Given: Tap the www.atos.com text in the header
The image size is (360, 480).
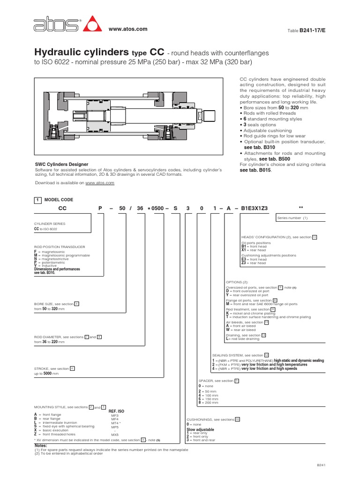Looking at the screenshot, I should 128,29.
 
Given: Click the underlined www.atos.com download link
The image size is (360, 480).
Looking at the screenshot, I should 100,183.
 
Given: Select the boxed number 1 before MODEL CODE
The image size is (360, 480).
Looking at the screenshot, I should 38,200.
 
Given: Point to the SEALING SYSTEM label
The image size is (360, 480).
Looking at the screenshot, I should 231,355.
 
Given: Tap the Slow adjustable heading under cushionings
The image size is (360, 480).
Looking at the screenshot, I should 200,429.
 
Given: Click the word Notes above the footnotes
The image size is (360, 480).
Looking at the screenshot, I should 41,445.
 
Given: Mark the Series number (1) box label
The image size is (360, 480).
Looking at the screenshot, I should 292,218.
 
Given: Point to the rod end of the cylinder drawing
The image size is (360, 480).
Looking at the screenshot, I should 210,115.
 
